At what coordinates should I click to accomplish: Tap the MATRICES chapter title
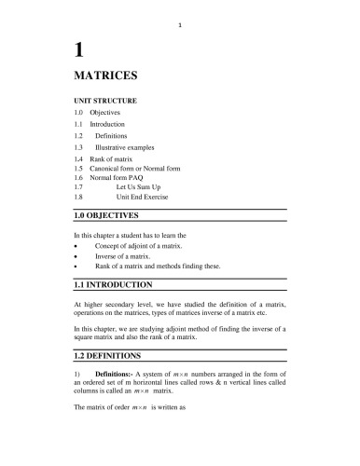(x=105, y=73)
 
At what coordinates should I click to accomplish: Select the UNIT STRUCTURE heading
(x=105, y=99)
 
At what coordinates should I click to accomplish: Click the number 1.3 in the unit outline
(x=78, y=147)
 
